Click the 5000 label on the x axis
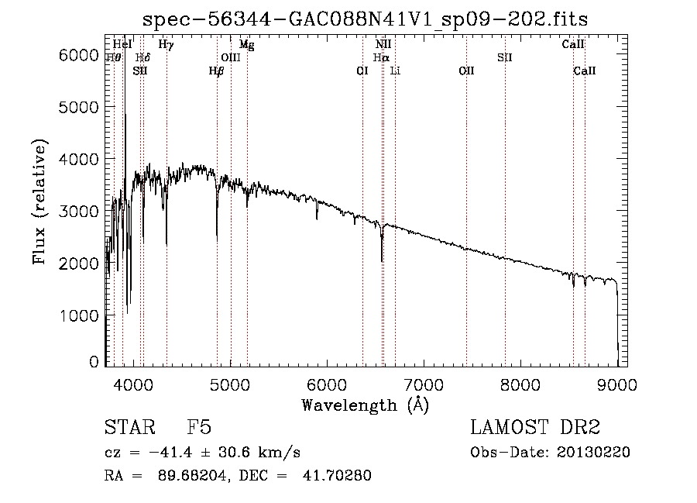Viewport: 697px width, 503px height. tap(228, 383)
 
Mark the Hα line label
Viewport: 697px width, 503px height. tap(380, 57)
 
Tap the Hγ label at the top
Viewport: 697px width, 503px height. tap(166, 45)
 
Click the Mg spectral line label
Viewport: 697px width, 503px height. tap(246, 45)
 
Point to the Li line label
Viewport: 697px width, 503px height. tap(395, 71)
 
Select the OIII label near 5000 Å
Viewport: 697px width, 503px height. tap(231, 57)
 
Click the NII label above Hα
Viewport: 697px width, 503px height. tap(383, 45)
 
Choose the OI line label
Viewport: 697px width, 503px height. tap(362, 71)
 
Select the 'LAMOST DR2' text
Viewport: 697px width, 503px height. tap(535, 428)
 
